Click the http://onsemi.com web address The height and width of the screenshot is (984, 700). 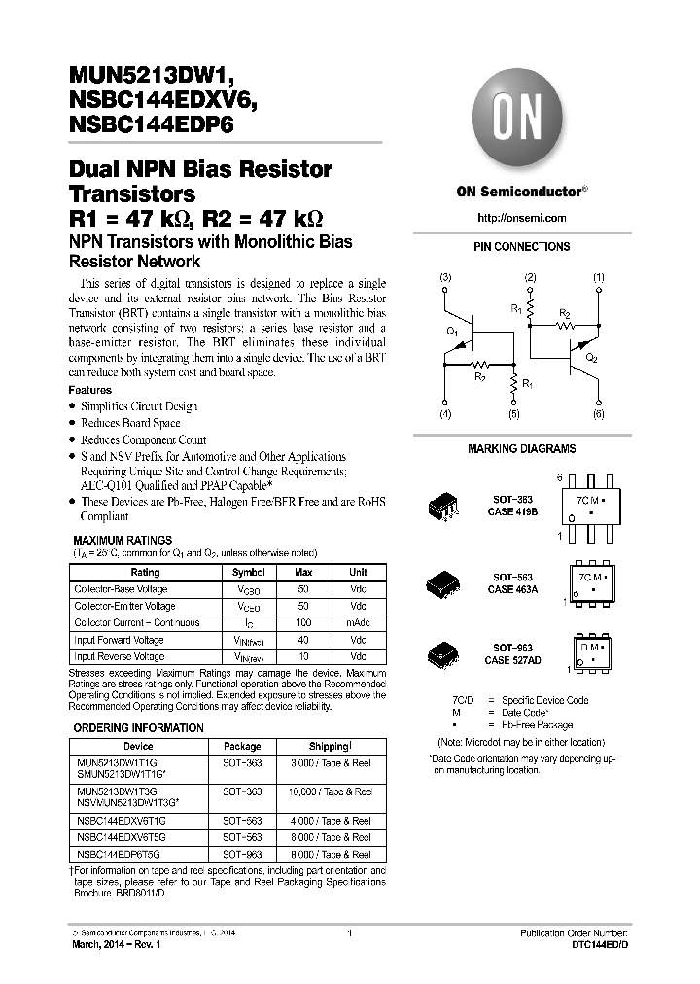pos(522,218)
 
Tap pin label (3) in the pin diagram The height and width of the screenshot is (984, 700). pos(445,278)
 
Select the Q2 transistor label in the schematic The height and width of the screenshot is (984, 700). pos(592,358)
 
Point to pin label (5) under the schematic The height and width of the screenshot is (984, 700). pos(514,415)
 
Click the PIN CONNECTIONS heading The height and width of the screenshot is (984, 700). pos(522,247)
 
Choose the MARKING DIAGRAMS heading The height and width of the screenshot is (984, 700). pos(522,449)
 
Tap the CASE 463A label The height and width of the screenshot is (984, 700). pos(514,589)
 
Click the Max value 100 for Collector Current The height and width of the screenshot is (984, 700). pos(303,623)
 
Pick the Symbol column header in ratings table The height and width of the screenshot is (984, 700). pos(249,573)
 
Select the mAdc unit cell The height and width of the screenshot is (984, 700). pos(358,623)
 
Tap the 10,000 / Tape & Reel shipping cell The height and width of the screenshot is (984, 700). pos(330,792)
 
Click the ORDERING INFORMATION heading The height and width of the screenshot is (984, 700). pos(139,728)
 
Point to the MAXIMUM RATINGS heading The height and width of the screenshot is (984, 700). pos(123,540)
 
